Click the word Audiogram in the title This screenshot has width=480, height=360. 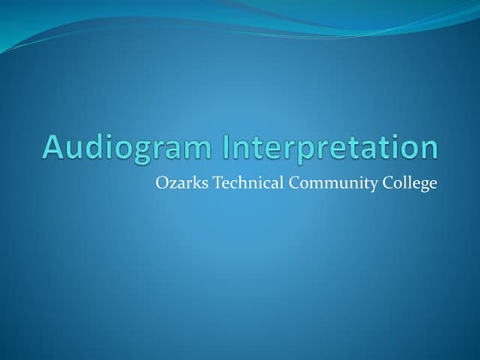pyautogui.click(x=129, y=147)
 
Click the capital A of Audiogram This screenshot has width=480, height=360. pyautogui.click(x=54, y=147)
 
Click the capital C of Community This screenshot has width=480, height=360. pyautogui.click(x=281, y=183)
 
